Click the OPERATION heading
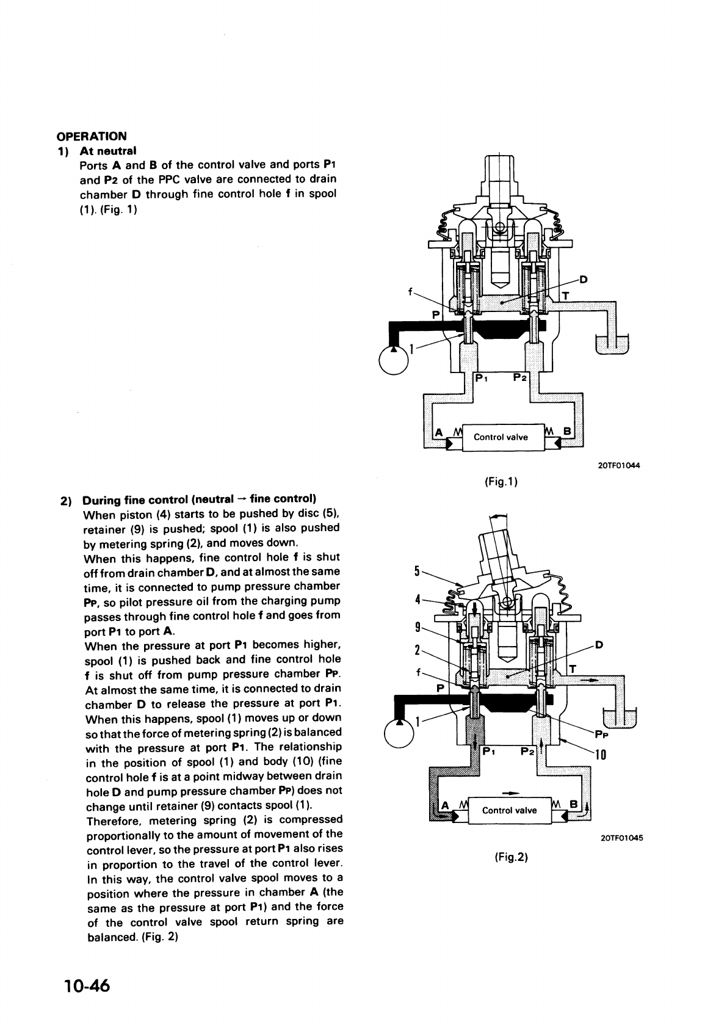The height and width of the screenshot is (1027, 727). [x=92, y=136]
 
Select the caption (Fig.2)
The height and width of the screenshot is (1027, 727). [x=510, y=857]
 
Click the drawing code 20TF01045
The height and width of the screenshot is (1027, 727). [x=621, y=837]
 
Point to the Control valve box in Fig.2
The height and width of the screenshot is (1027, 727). [x=509, y=810]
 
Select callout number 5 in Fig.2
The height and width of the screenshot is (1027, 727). [x=418, y=572]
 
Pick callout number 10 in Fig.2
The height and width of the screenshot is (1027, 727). [x=601, y=755]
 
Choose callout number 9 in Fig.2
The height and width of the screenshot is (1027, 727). [x=418, y=626]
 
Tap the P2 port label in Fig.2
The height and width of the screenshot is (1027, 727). [x=527, y=751]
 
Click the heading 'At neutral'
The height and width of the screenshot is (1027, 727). [x=108, y=150]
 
